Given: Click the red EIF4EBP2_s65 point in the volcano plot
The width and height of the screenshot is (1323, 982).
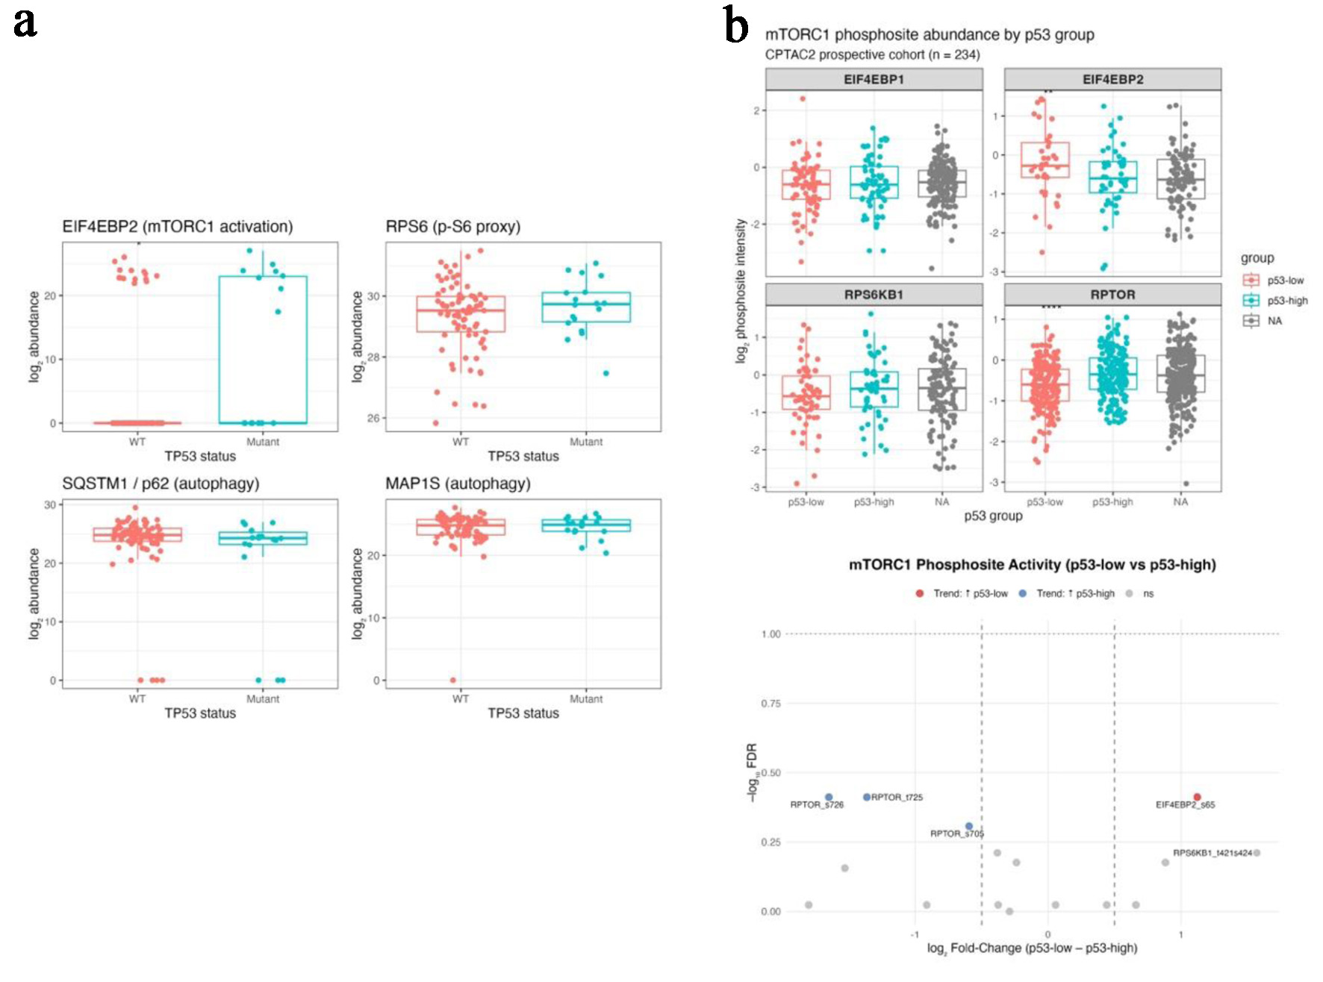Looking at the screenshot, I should pos(1197,797).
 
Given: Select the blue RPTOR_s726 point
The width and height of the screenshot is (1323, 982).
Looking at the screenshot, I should pos(829,797).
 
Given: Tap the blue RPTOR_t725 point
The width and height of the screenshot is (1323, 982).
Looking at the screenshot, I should pos(867,797).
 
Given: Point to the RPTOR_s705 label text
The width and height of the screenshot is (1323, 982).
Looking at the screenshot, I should pos(956,834).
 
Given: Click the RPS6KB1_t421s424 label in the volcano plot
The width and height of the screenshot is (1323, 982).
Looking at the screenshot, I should pos(1212,853).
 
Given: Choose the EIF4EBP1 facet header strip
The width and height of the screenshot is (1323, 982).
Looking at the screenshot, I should pos(874,79).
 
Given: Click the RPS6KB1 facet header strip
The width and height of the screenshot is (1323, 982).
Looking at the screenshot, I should pos(874,295).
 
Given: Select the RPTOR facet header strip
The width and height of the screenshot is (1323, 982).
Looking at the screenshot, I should pos(1112,295).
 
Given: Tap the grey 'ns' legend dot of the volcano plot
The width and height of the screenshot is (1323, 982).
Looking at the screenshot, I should pos(1130,593).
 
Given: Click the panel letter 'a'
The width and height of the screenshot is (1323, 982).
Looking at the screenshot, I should pos(25,22).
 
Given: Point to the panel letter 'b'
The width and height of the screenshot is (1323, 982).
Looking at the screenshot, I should pos(736,27).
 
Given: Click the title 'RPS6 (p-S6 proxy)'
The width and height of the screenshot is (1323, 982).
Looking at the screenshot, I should pos(452,227).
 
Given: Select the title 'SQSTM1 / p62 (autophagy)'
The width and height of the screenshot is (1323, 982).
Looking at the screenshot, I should pos(161,484).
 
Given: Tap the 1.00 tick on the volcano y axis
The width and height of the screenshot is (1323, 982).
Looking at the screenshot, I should pos(771,634).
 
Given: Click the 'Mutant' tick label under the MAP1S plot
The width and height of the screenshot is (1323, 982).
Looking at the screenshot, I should pos(586,699).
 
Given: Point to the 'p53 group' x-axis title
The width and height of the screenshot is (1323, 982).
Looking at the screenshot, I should pos(993,516).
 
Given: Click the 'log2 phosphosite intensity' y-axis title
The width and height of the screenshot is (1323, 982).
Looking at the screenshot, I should pos(741,291).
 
